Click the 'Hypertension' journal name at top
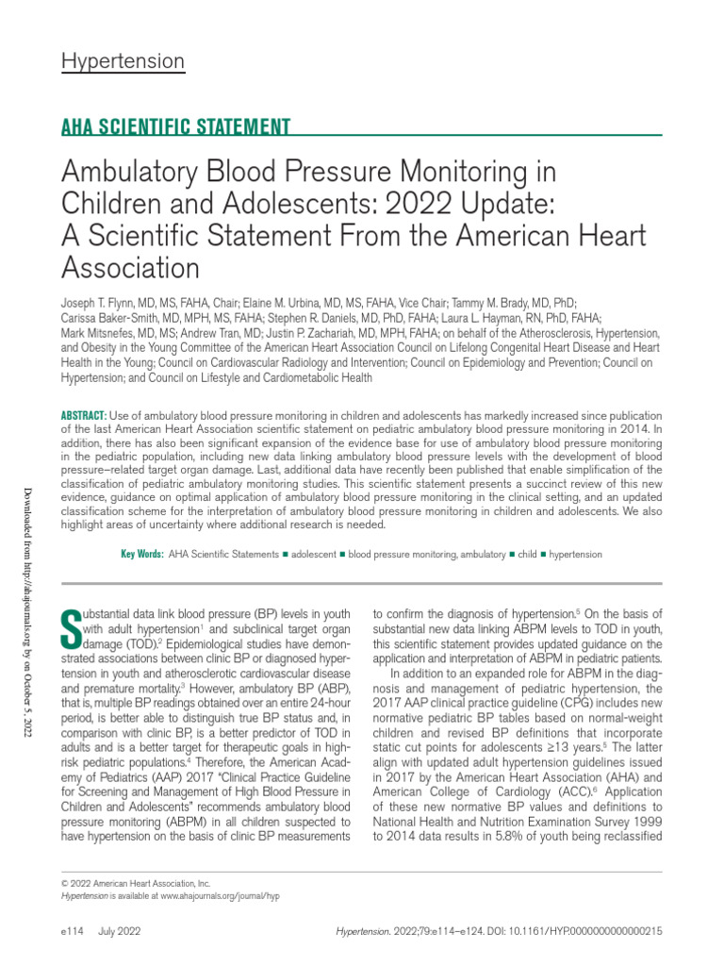point(123,62)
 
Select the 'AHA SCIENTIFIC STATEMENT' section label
point(175,126)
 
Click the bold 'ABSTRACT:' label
point(84,417)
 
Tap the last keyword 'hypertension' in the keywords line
point(575,555)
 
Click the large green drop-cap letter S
point(70,623)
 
